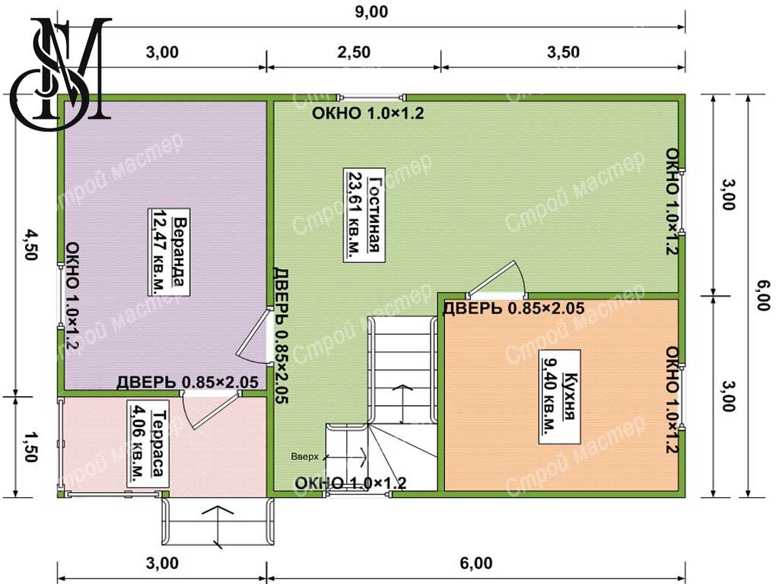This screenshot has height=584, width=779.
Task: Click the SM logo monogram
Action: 61,68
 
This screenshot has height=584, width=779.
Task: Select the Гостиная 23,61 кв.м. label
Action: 364,214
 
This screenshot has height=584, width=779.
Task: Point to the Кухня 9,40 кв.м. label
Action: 560,397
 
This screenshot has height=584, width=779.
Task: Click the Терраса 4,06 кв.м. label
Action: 148,443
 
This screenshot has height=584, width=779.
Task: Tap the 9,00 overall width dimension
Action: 371,12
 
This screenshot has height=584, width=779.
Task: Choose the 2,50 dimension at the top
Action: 354,52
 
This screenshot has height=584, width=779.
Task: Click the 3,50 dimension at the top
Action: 563,52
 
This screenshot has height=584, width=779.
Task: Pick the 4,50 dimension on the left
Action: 31,244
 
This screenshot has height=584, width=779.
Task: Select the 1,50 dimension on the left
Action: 31,446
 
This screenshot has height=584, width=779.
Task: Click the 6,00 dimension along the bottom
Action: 476,563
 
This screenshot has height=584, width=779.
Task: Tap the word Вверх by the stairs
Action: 304,456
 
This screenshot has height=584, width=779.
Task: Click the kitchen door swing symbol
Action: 497,280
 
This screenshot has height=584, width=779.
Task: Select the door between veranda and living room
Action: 254,335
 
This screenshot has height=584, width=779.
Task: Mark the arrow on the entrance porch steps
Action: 217,528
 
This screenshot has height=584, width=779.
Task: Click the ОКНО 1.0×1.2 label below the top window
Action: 367,113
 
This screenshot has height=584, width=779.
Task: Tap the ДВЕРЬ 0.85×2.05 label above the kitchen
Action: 514,309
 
